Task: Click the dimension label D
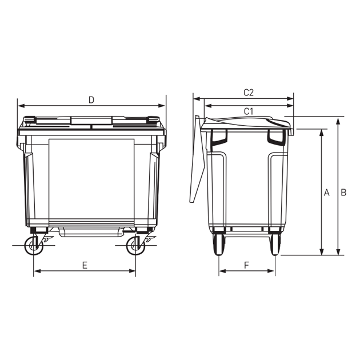click(x=91, y=100)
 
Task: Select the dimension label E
click(x=85, y=265)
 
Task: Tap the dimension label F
click(x=246, y=265)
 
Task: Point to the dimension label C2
click(x=249, y=93)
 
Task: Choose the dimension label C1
click(x=248, y=111)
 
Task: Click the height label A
click(x=327, y=193)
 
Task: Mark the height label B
click(x=343, y=193)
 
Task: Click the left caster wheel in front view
click(x=34, y=246)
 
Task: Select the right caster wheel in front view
click(x=135, y=246)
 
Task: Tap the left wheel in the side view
click(x=218, y=245)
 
